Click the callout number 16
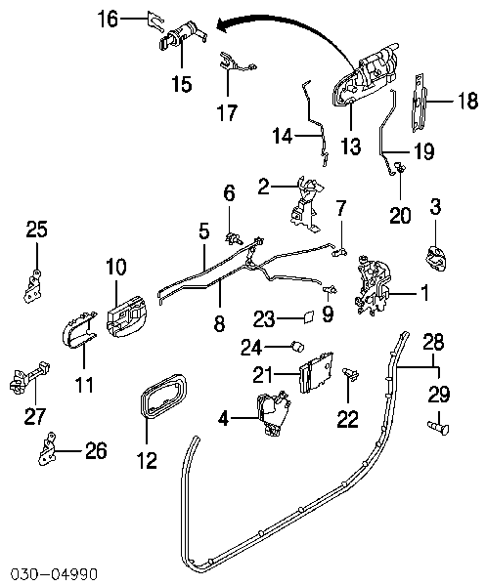click(x=108, y=19)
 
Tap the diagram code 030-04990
click(x=54, y=573)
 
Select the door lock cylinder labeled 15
click(x=182, y=35)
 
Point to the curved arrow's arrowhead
click(x=223, y=25)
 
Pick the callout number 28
click(x=433, y=342)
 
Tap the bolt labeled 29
click(x=438, y=427)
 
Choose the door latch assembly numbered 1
click(x=373, y=286)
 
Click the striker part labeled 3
click(x=436, y=258)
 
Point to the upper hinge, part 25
click(x=33, y=286)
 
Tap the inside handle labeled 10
click(x=126, y=314)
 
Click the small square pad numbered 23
click(x=308, y=316)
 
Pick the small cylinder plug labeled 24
click(x=298, y=346)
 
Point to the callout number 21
click(x=263, y=374)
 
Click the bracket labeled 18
click(x=419, y=103)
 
